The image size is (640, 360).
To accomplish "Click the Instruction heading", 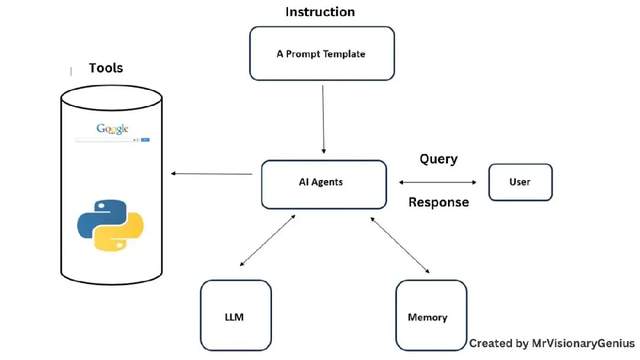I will point(320,12).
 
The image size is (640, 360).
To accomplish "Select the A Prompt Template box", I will point(321,53).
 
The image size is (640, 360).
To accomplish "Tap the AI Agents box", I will point(322,183).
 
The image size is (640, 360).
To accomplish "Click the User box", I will point(519,182).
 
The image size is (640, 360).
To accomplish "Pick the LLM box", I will point(234,317).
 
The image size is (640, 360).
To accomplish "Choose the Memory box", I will point(428,317).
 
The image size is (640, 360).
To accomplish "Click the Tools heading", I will point(107,68).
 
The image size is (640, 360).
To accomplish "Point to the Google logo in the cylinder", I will point(112,128).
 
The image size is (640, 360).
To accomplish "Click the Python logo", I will point(110,225).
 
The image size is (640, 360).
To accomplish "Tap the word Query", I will point(438,158).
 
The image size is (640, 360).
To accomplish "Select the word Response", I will point(438,202).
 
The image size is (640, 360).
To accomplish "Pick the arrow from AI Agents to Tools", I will point(211,174).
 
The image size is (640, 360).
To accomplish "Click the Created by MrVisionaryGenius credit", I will point(553,343).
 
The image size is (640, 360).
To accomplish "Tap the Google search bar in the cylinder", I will point(110,140).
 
